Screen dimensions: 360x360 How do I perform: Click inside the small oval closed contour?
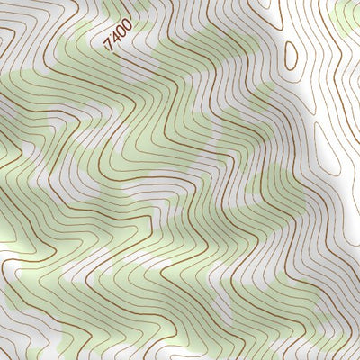coord(291,56)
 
